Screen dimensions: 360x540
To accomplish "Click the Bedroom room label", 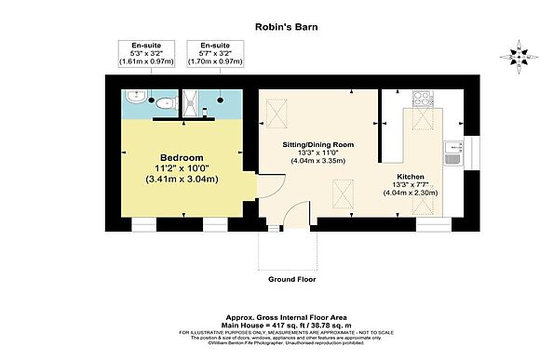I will coord(182,157).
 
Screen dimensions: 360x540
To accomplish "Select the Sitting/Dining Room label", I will coord(319,146).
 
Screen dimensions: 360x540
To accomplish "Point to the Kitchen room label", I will coord(411,175).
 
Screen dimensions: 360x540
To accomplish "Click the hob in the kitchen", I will coord(419,99).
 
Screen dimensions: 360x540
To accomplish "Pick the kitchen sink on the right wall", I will coord(452,151).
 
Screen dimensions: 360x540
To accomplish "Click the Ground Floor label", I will coord(292,278).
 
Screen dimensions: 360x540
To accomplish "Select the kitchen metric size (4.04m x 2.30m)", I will coord(411,193).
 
